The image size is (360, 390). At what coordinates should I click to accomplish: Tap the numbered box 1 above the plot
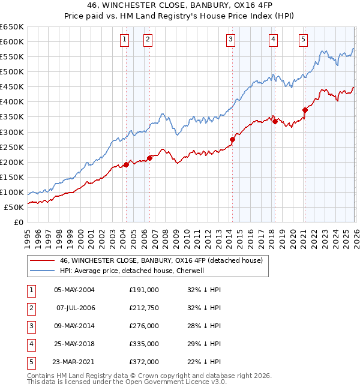pos(124,40)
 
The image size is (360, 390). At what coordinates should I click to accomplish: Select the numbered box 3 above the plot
pos(230,40)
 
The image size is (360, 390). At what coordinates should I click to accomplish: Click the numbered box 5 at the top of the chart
pos(303,40)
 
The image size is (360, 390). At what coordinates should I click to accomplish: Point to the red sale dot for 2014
pos(232,139)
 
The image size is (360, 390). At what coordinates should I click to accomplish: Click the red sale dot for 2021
pos(305,110)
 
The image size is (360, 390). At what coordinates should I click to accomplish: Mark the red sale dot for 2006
pos(149,158)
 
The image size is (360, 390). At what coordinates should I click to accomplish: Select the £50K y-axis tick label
pos(14,207)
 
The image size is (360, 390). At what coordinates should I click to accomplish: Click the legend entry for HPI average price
pos(131,271)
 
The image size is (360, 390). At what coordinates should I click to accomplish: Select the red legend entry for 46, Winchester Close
pos(161,260)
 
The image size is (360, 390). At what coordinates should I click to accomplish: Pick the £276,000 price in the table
pos(144,326)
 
